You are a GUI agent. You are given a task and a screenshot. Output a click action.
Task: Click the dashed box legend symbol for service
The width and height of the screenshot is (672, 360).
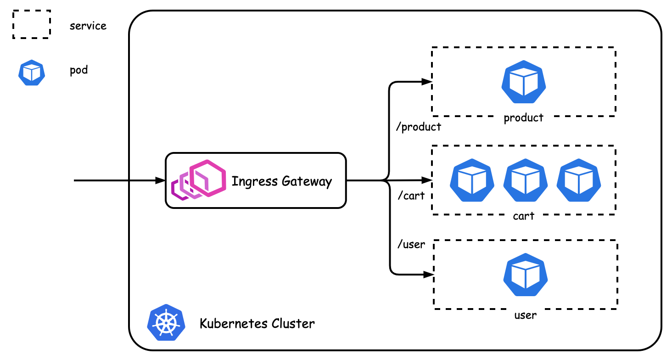tap(31, 24)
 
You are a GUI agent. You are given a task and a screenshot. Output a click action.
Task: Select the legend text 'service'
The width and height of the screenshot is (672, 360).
tap(88, 26)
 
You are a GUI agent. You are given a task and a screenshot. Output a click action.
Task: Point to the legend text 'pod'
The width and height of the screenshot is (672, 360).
tap(78, 71)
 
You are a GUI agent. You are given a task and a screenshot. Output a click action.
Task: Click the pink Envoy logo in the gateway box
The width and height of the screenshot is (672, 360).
tap(199, 180)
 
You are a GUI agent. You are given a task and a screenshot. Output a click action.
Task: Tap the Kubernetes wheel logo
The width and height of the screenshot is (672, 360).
tap(166, 322)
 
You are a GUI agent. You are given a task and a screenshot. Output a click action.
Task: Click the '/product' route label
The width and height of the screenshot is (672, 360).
tap(418, 127)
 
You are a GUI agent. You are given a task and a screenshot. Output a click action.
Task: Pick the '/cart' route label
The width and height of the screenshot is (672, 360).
tap(411, 196)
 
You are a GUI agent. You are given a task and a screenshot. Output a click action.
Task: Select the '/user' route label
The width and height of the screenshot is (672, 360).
tap(411, 245)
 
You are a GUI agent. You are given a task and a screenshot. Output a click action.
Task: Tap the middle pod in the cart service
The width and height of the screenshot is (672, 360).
tap(525, 180)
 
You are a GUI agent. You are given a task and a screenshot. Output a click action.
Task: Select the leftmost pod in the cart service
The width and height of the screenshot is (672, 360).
tap(472, 180)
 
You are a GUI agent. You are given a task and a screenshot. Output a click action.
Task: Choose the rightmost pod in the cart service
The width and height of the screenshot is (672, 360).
tap(579, 180)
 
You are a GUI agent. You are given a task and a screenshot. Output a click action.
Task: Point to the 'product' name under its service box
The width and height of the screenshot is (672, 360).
tap(523, 118)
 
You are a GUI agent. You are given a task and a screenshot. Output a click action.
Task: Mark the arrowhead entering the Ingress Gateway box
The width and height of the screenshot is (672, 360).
tap(161, 180)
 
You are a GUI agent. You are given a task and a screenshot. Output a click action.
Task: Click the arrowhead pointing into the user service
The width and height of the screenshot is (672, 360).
tap(429, 275)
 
